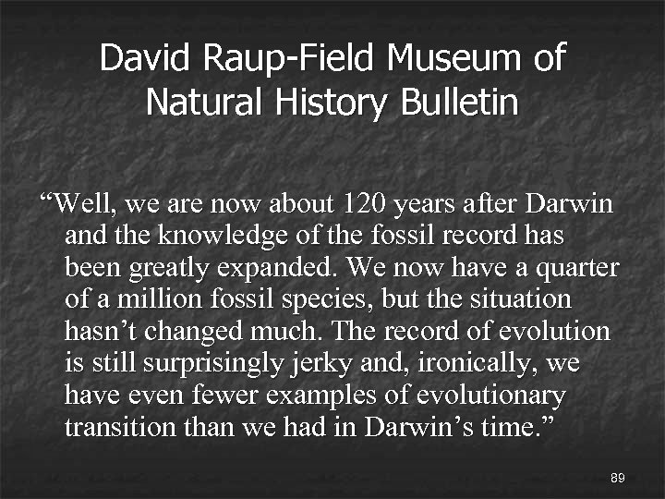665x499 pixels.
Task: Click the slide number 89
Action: pyautogui.click(x=618, y=478)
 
